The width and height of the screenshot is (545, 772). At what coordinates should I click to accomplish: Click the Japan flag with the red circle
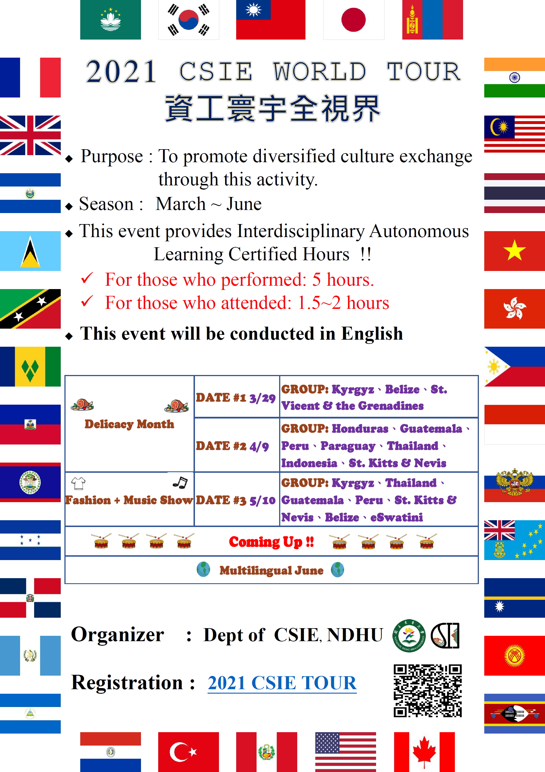pyautogui.click(x=354, y=20)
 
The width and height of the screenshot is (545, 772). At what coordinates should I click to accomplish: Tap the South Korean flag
pyautogui.click(x=189, y=20)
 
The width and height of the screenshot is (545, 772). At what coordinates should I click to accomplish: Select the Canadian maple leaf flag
pyautogui.click(x=424, y=752)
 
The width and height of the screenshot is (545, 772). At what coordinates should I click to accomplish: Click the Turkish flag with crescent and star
pyautogui.click(x=189, y=752)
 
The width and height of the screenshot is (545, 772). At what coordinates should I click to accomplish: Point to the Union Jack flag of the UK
pyautogui.click(x=30, y=135)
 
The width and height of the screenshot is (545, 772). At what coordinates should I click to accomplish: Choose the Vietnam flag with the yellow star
pyautogui.click(x=514, y=251)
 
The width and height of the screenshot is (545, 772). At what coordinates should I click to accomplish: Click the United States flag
pyautogui.click(x=346, y=752)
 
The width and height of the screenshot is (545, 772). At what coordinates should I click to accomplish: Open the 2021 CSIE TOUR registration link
pyautogui.click(x=282, y=683)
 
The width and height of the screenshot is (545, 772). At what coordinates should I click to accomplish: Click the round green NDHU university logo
pyautogui.click(x=409, y=636)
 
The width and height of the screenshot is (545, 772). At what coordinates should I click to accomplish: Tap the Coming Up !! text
pyautogui.click(x=271, y=542)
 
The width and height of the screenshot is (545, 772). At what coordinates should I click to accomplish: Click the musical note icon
pyautogui.click(x=180, y=483)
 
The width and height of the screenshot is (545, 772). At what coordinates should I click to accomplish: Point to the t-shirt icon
pyautogui.click(x=78, y=483)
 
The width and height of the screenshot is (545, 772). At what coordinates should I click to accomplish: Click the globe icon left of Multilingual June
pyautogui.click(x=203, y=570)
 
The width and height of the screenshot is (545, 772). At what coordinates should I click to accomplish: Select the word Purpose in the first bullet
pyautogui.click(x=112, y=157)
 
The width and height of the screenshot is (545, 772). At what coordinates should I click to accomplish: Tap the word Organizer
pyautogui.click(x=118, y=635)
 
